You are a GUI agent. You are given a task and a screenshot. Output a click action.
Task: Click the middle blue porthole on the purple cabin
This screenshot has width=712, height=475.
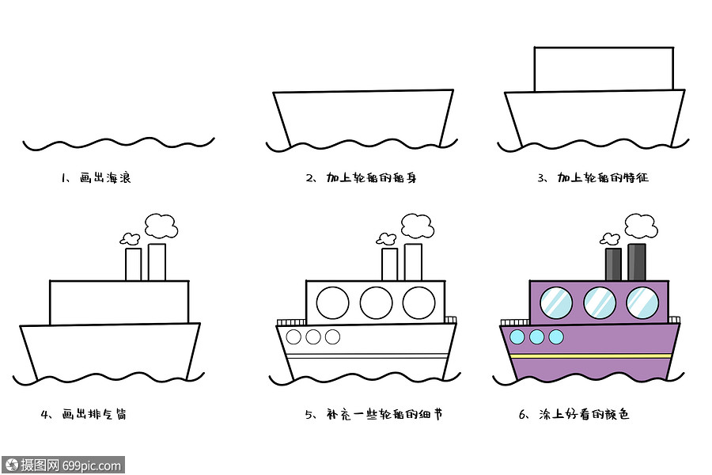coord(600,302)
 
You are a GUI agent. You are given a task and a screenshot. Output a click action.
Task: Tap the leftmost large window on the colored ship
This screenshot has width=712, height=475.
coord(556,302)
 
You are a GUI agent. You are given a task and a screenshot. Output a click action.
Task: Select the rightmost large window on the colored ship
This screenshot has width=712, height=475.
coord(642,302)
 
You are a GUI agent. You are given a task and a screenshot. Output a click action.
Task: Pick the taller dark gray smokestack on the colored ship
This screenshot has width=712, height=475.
coord(637,261)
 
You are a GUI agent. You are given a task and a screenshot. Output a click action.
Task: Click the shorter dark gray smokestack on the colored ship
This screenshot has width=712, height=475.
coord(613,264)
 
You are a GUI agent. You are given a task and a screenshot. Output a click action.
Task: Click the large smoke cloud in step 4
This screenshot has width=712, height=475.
coord(161,226)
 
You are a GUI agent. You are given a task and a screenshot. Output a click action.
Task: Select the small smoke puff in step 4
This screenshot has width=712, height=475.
coord(131,237)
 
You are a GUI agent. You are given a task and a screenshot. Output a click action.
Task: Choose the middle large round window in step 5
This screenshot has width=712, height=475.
coord(376,302)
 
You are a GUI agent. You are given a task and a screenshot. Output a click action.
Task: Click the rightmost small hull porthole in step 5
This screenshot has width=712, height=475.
coord(332,337)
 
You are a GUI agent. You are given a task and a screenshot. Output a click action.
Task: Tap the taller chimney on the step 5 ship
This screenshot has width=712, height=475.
coord(413,261)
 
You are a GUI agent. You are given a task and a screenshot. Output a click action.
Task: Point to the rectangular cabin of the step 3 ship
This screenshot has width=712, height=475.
coord(604,70)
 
